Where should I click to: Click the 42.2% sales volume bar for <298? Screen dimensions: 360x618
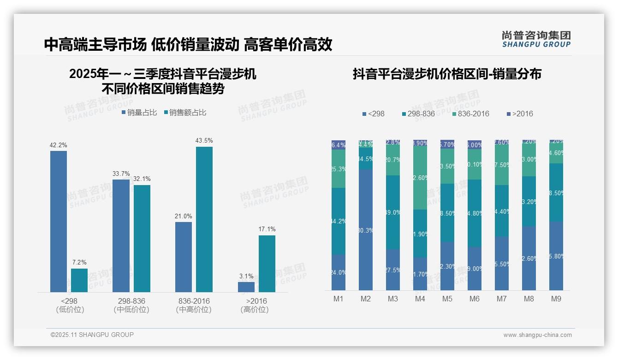click(59, 222)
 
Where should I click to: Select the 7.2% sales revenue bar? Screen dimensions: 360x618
click(79, 280)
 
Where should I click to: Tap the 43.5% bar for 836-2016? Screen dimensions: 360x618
click(204, 219)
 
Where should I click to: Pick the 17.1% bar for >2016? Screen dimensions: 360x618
click(267, 264)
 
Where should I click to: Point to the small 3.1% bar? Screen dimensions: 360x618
click(246, 287)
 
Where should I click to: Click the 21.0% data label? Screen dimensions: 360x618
click(184, 216)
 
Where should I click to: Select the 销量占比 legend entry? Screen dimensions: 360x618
click(139, 113)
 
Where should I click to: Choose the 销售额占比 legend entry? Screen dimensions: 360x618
click(185, 113)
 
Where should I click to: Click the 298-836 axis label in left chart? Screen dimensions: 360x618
click(131, 301)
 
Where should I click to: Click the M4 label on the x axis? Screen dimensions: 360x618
click(420, 299)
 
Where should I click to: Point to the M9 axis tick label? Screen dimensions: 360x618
click(556, 299)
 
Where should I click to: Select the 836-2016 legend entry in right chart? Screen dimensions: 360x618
click(470, 114)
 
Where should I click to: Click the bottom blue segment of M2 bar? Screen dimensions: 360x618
click(366, 229)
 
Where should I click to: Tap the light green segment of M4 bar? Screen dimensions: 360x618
click(420, 178)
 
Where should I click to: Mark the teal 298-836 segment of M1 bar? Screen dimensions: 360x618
click(339, 221)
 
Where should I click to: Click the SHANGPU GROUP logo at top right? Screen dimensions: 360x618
click(536, 39)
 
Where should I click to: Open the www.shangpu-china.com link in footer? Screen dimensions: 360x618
click(537, 335)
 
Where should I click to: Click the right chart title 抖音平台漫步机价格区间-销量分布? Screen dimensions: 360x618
click(447, 74)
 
